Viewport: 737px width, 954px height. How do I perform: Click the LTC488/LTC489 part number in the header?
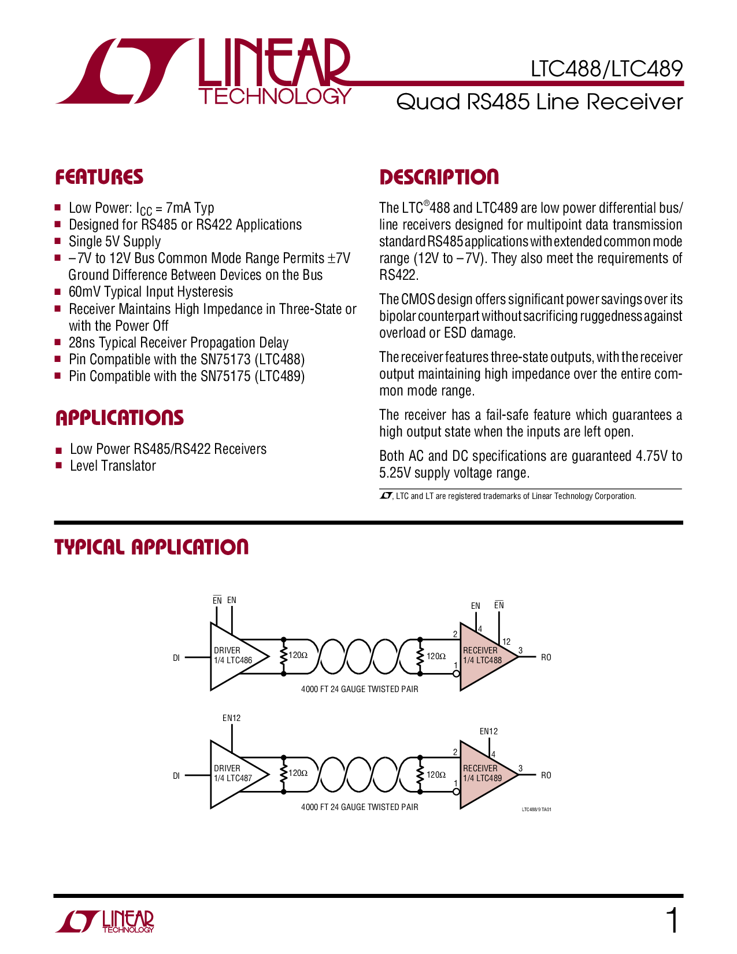pos(606,69)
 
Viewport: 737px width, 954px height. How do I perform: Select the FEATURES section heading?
pos(99,177)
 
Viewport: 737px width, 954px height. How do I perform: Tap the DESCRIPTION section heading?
pos(439,177)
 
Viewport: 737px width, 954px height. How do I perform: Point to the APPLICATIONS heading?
pos(120,417)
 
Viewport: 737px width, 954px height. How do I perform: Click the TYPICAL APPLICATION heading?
pos(151,547)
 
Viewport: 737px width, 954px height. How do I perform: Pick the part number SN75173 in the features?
pos(225,360)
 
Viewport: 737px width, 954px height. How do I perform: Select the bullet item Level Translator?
pos(113,466)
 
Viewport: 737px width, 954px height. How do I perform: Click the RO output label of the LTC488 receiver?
pos(546,657)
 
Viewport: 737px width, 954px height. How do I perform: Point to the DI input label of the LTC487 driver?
pos(176,776)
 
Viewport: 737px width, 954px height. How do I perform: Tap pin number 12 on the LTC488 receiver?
pos(506,641)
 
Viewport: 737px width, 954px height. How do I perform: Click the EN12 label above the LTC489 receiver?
pos(488,731)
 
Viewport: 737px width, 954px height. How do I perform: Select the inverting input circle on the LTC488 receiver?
pos(456,674)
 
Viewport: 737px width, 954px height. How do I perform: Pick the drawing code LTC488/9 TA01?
pos(536,809)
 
